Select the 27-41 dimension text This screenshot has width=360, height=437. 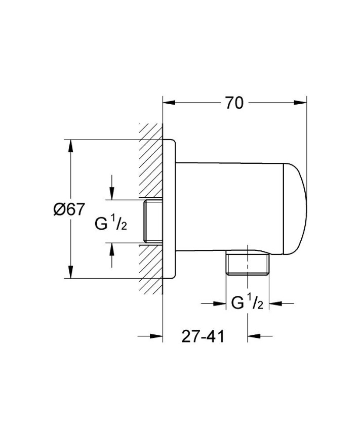tap(203, 337)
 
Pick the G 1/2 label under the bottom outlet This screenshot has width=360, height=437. tap(247, 303)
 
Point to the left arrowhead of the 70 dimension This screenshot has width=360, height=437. tap(168, 103)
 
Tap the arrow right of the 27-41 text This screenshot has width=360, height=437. tap(253, 336)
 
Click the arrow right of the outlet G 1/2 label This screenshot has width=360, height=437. tap(274, 303)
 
